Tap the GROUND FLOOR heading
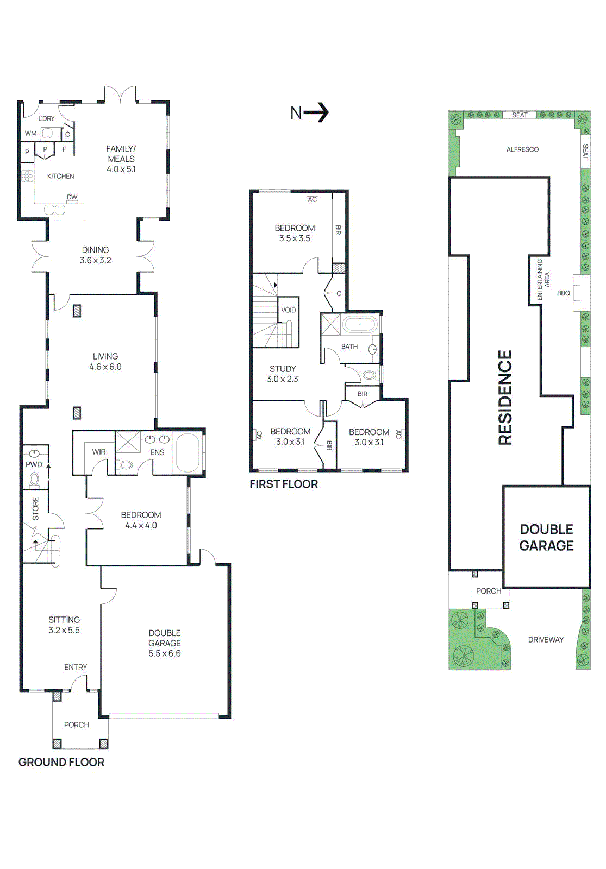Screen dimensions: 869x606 [x=61, y=762]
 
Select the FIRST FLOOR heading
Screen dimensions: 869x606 [x=284, y=484]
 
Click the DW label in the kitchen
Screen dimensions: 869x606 [x=72, y=197]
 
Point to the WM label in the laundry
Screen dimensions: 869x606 [x=31, y=133]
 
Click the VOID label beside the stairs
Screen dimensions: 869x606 [x=288, y=310]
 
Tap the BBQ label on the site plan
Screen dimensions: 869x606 [x=564, y=293]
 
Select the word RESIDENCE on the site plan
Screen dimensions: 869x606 [x=505, y=398]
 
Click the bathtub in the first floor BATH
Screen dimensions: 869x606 [x=359, y=325]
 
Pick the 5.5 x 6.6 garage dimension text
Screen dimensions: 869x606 [x=165, y=653]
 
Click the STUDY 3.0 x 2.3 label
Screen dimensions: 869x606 [x=283, y=374]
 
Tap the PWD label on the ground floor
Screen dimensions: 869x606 [x=34, y=464]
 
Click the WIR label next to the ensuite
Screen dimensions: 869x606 [x=99, y=451]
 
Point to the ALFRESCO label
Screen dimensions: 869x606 [x=522, y=149]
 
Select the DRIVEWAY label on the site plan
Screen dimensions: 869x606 [x=546, y=639]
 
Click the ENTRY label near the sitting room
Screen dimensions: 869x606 [x=76, y=667]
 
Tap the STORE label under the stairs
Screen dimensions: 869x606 [x=36, y=508]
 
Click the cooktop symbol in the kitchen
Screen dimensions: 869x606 [x=27, y=175]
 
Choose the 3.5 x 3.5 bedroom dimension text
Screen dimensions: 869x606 [x=295, y=238]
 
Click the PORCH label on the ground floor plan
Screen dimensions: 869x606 [x=77, y=725]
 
